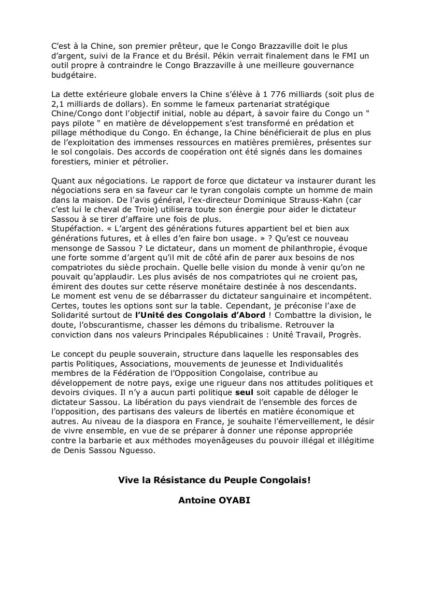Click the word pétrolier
[149, 162]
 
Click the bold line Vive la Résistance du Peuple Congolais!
[215, 480]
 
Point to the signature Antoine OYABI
[215, 501]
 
